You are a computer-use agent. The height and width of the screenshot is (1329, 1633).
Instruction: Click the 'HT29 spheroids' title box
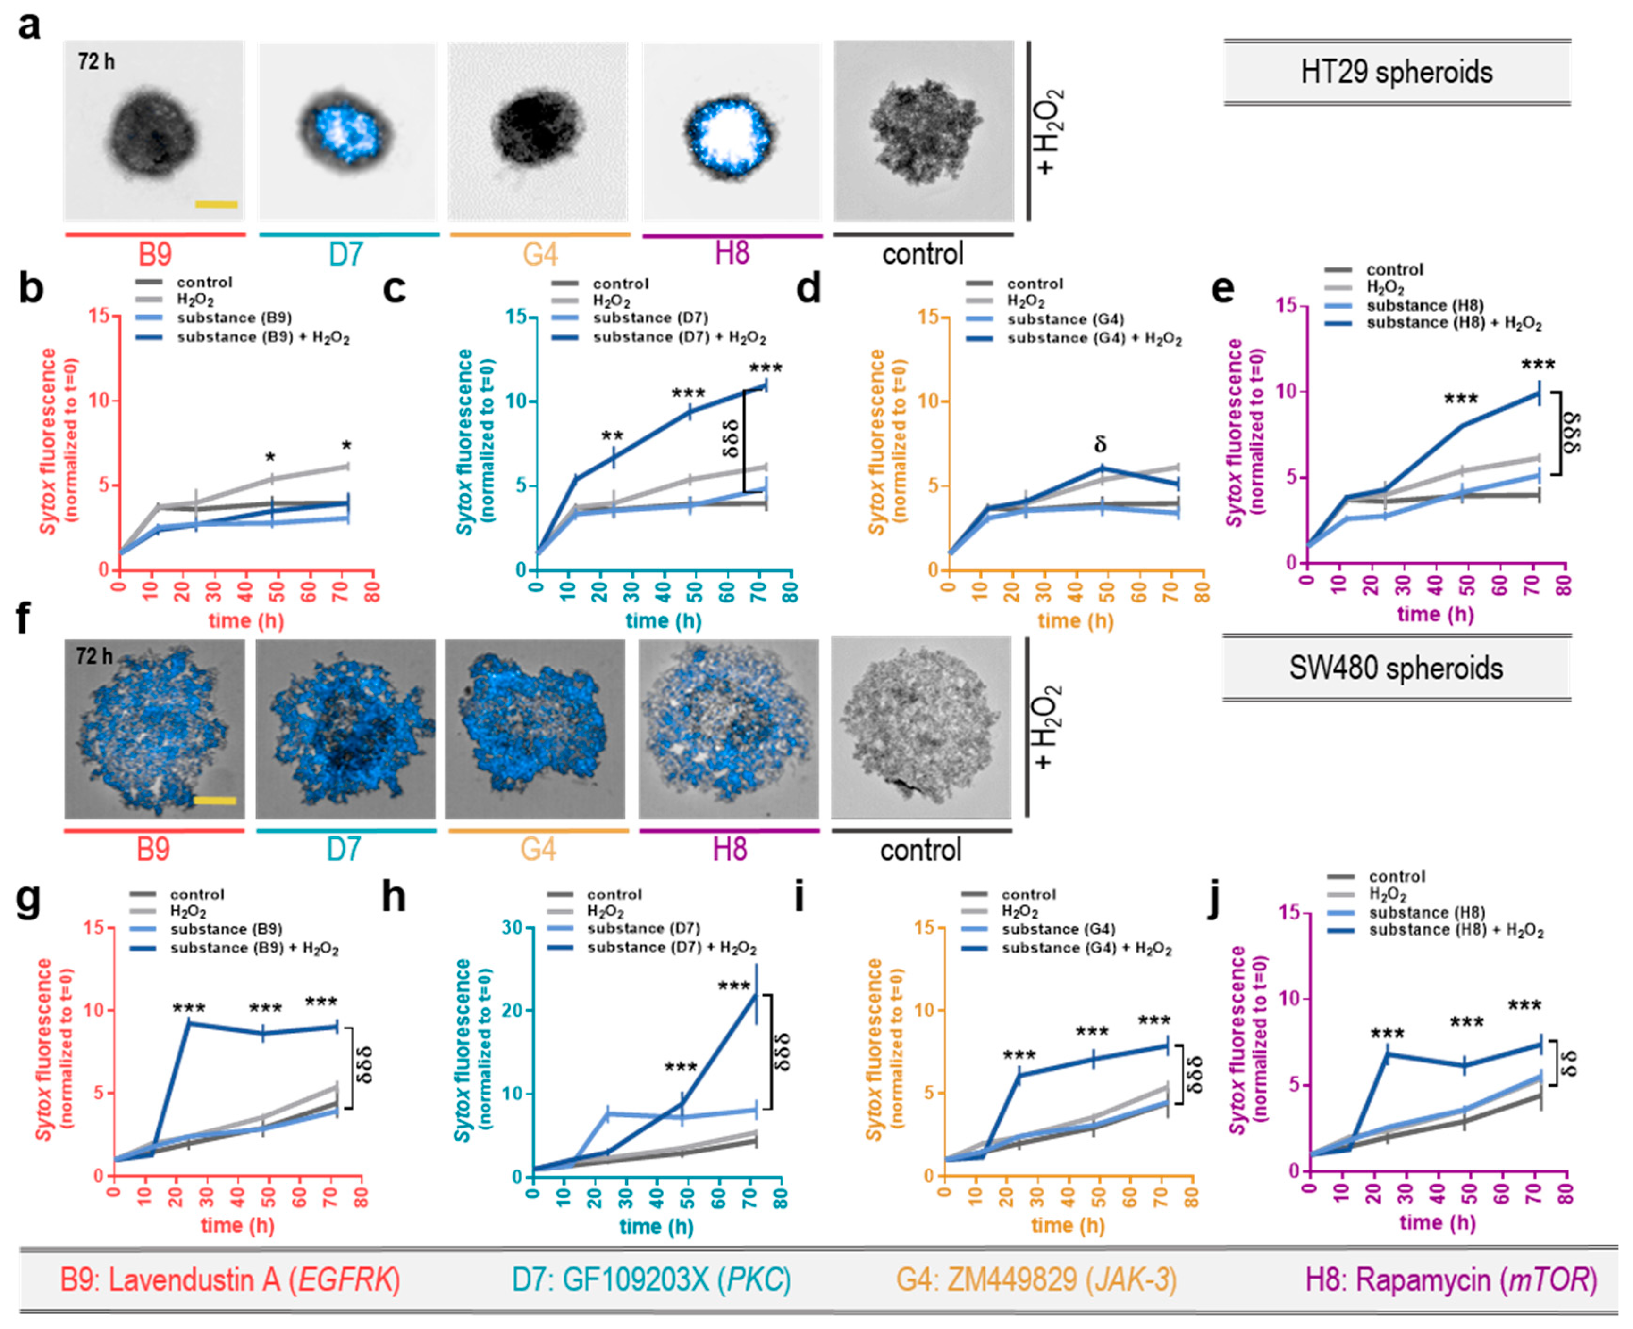1397,73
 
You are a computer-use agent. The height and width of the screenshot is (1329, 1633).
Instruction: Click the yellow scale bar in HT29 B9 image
216,204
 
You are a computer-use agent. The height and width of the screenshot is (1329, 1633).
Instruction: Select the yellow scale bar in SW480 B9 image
214,801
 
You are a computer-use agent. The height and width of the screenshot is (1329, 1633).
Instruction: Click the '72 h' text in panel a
96,61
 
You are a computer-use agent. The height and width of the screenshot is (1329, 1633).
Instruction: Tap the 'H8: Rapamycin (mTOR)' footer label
1451,1280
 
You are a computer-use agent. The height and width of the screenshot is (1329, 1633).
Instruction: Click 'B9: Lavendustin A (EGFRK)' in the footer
230,1280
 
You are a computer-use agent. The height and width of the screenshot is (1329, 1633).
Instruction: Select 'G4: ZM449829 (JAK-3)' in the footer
1036,1280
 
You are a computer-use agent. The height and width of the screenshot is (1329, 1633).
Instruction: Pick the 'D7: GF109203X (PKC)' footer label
651,1280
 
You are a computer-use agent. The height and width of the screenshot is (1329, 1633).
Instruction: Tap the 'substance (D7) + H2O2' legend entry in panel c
680,338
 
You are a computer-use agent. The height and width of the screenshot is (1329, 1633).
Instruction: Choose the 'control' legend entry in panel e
1395,269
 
